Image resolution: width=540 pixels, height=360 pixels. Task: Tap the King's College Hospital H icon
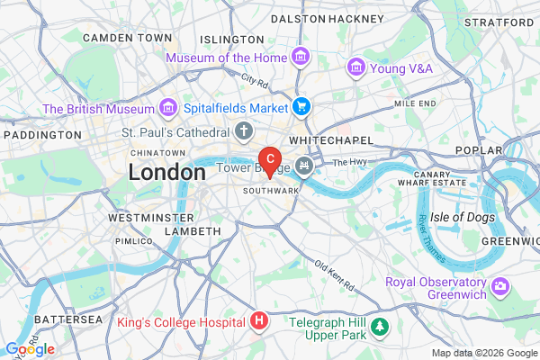coord(259,320)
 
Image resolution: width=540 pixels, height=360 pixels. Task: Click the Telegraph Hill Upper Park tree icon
coord(381,324)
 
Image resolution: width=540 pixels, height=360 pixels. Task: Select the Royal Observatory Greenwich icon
coord(500,288)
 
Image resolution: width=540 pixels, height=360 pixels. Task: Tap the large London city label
coord(166,172)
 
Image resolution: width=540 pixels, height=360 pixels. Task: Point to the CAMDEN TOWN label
coord(127,38)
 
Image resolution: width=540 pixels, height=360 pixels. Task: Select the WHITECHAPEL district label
coord(324,141)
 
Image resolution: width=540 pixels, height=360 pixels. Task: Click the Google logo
coord(29,348)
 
